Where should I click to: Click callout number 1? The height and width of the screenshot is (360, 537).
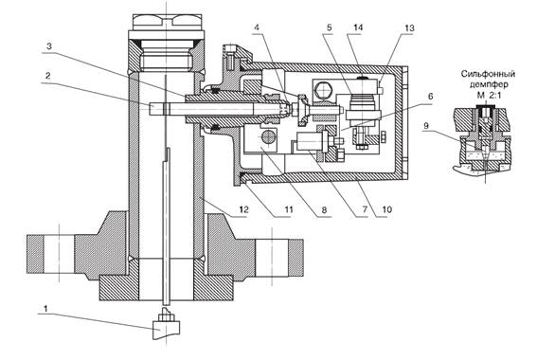[45, 309]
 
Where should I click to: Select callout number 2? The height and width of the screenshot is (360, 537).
[48, 76]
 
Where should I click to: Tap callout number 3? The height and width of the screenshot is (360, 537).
[49, 45]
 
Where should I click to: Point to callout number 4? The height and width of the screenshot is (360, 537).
[257, 27]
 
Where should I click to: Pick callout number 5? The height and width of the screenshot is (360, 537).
[330, 27]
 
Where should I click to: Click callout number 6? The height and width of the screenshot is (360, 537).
[431, 96]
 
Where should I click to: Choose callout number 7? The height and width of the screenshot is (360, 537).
[365, 208]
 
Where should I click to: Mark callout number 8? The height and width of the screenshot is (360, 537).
[325, 209]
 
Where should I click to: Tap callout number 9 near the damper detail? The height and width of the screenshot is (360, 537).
[426, 126]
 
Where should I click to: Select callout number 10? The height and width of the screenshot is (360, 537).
[386, 209]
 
